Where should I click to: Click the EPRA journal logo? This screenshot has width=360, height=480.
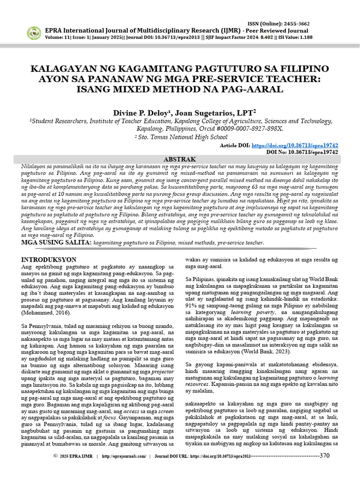point(33,33)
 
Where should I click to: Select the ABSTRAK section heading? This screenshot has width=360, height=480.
point(180,159)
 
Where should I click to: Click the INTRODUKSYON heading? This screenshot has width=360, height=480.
point(50,259)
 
